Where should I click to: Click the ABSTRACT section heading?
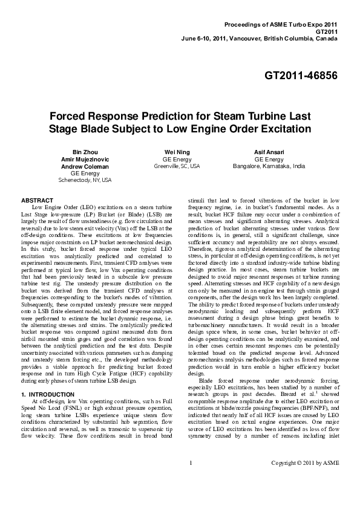[38, 199]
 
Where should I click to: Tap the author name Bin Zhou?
[85, 150]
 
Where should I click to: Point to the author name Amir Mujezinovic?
[85, 158]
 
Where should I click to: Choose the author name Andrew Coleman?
[85, 165]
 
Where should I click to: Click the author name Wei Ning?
[177, 150]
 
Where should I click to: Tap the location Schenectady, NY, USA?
[85, 180]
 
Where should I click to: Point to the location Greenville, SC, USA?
[177, 165]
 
